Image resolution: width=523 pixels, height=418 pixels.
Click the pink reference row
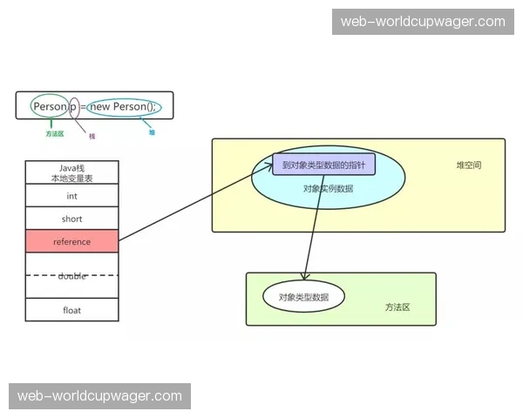click(x=71, y=241)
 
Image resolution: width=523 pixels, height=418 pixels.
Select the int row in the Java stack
click(x=71, y=196)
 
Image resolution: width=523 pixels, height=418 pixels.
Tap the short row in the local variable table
click(x=71, y=219)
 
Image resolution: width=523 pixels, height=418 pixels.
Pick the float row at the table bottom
click(x=71, y=309)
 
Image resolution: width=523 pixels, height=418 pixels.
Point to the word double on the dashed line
click(x=71, y=275)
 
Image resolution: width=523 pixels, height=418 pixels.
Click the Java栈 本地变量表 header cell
click(x=71, y=172)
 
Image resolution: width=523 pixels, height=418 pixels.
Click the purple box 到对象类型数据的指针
click(x=323, y=165)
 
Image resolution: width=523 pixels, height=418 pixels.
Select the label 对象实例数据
click(x=328, y=187)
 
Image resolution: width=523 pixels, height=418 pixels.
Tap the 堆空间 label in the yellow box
click(x=468, y=165)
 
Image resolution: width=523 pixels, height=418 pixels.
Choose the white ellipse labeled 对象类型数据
click(x=303, y=297)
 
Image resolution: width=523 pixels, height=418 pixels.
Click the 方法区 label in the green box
click(x=397, y=307)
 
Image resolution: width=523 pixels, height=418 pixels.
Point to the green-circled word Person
click(x=50, y=106)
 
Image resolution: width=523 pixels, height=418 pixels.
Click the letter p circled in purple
click(x=74, y=106)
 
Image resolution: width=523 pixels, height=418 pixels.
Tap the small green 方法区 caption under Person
click(x=55, y=134)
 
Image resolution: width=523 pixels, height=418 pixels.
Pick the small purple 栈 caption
click(x=92, y=136)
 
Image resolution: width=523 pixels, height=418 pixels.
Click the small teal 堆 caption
click(x=152, y=133)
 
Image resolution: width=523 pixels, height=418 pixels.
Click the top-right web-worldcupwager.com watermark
click(x=422, y=22)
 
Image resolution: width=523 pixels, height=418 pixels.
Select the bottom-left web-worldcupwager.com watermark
click(x=100, y=396)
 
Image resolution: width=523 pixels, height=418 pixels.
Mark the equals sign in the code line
click(x=84, y=106)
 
